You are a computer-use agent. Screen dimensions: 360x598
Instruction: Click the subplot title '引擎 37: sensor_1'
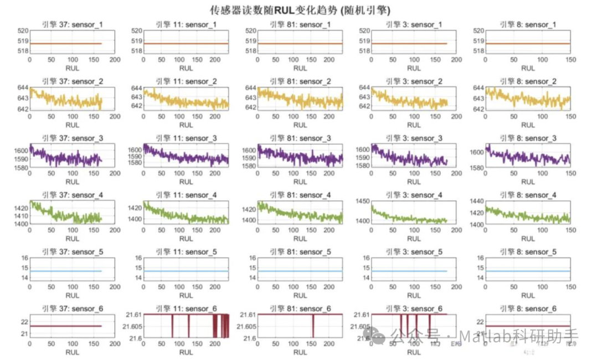pos(72,24)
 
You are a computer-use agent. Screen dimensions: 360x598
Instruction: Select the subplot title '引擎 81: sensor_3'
pos(300,138)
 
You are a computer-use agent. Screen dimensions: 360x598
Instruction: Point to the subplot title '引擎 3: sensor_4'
pos(414,195)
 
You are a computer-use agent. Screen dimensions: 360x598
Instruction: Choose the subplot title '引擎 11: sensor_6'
pos(186,308)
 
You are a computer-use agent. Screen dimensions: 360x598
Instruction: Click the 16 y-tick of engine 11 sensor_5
pos(138,258)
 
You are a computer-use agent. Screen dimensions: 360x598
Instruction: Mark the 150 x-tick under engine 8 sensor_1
pos(570,60)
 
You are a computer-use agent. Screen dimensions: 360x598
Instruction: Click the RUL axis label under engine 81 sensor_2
pos(300,125)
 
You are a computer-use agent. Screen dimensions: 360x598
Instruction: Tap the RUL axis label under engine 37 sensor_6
pos(72,352)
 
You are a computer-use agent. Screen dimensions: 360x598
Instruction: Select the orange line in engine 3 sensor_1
pos(410,43)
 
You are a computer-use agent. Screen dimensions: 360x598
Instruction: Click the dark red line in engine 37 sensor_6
pos(66,326)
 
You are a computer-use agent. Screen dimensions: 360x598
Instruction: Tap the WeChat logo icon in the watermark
pos(380,335)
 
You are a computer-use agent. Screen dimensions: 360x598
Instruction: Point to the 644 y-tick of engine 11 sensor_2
pos(136,88)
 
